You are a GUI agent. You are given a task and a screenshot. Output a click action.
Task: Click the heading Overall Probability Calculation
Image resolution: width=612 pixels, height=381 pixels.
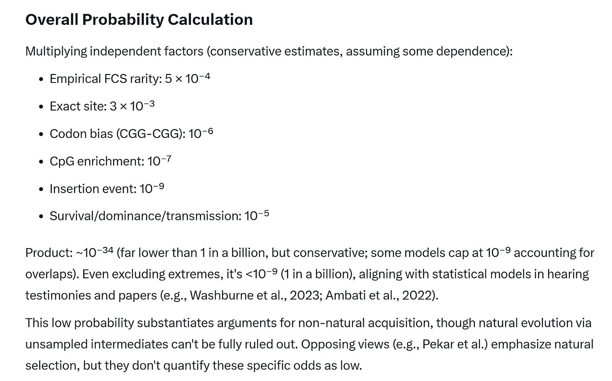(x=139, y=20)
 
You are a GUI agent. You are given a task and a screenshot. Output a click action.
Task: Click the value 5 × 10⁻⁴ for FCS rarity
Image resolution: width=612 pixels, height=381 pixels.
(x=187, y=79)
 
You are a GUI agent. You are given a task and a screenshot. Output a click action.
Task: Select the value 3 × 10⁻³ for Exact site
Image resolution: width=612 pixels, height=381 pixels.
(x=132, y=106)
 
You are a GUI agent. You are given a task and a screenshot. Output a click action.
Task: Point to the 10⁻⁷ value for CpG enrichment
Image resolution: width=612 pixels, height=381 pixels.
(x=159, y=161)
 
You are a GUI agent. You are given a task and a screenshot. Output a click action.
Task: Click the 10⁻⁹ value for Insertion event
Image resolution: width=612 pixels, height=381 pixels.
(x=152, y=188)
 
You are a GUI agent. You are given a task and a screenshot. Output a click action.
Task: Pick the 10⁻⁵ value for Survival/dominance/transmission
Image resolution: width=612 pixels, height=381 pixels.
(x=256, y=216)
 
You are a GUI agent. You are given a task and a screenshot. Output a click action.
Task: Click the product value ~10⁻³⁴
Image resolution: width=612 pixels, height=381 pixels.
(x=95, y=252)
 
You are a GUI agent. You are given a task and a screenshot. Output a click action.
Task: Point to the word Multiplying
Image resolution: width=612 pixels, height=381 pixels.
(x=56, y=51)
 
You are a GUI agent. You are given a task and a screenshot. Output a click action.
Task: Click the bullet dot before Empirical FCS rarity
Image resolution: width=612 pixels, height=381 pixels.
(x=41, y=79)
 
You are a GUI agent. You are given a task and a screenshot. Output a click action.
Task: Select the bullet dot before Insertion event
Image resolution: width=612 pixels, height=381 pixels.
(x=41, y=189)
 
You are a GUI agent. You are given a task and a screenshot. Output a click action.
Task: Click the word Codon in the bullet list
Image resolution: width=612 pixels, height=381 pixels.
(x=66, y=134)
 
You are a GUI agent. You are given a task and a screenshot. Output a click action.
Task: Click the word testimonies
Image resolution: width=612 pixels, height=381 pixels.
(x=58, y=295)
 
